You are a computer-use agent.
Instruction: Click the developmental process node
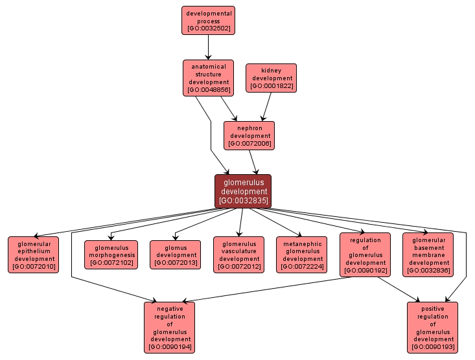tap(208, 20)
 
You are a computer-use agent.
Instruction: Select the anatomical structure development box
tap(208, 78)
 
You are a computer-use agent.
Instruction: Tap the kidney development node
tap(271, 78)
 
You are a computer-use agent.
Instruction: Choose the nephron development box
tap(249, 135)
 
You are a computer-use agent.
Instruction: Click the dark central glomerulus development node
tap(243, 191)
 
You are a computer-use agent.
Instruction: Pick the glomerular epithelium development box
tap(34, 254)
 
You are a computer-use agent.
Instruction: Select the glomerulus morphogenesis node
tap(111, 254)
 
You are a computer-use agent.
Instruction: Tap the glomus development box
tap(175, 254)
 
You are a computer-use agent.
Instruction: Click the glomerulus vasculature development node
tap(238, 254)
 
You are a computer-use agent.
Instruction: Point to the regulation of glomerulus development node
tap(365, 254)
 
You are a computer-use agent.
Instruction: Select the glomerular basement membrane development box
tap(428, 254)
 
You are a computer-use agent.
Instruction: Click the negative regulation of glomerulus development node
tap(169, 327)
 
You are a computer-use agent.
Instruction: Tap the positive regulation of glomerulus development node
tap(433, 327)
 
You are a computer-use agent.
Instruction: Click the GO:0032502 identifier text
tap(208, 28)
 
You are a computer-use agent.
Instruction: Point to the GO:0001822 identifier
tap(271, 86)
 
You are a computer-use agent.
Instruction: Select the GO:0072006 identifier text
tap(249, 144)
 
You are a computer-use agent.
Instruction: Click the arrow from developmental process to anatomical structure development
tap(208, 47)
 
